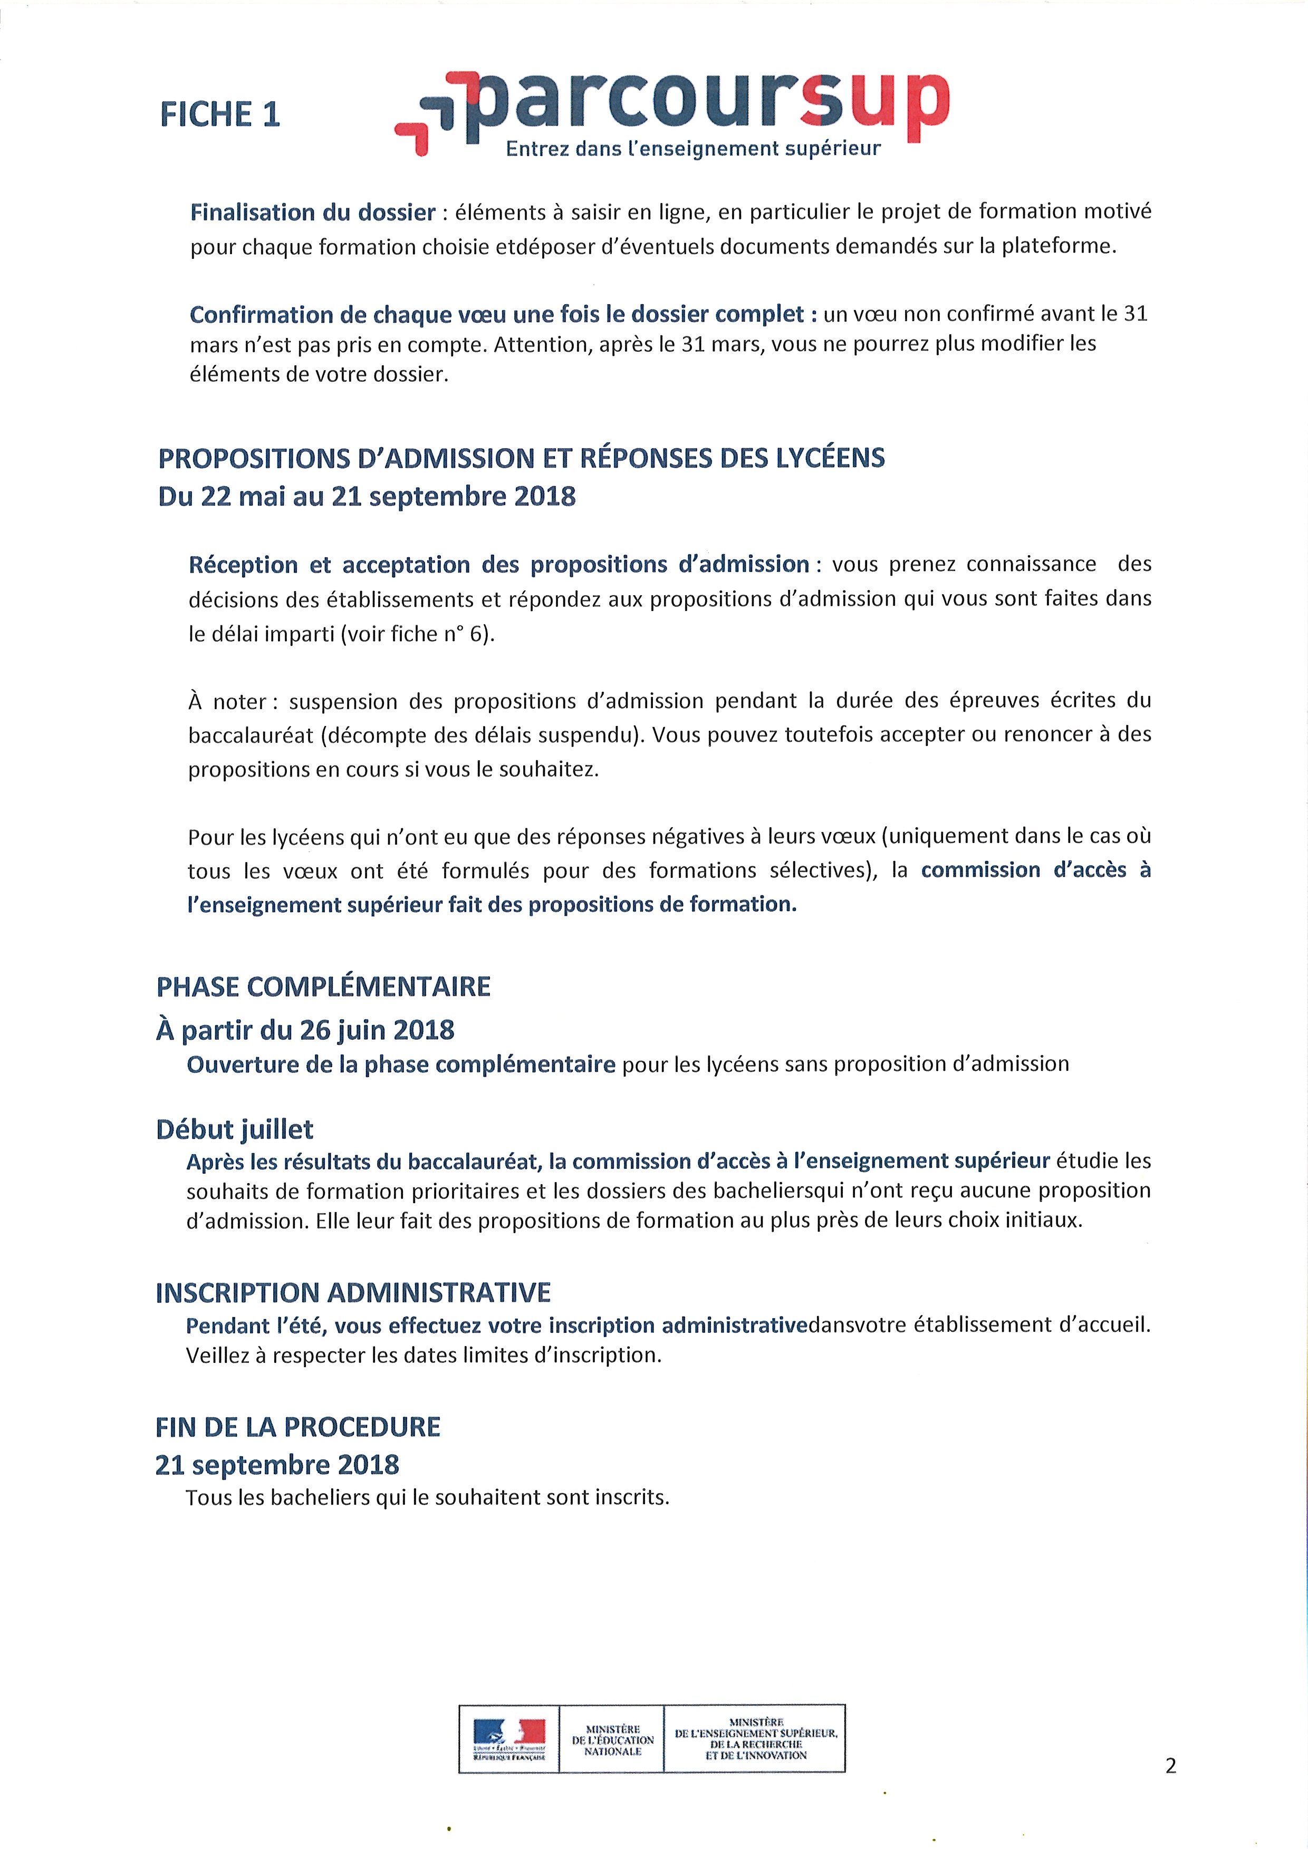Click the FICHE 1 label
220,114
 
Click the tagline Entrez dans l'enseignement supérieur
693,149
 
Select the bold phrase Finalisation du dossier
313,212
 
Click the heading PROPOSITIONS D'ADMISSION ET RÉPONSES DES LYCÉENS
521,458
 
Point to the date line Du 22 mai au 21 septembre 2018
367,496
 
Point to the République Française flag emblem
509,1739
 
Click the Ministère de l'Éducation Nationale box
612,1739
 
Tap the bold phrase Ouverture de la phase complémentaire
401,1064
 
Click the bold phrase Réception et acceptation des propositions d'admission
498,565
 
